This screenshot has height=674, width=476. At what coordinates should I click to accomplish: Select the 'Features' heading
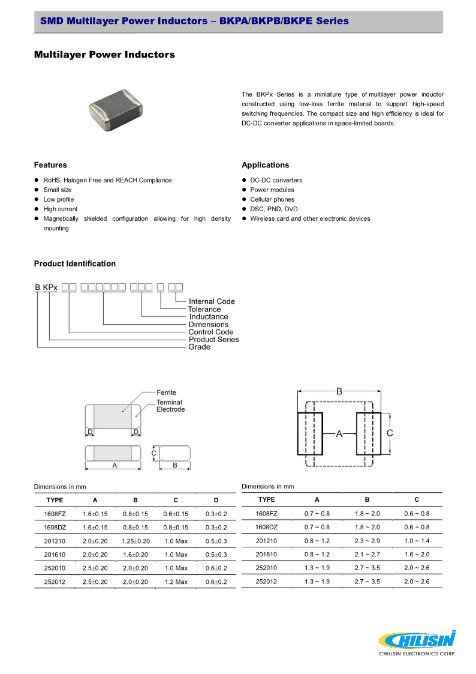[50, 165]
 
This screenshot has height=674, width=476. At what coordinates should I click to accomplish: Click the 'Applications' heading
[265, 165]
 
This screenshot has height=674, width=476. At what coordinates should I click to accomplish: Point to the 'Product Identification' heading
[74, 263]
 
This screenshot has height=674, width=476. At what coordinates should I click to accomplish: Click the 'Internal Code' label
[212, 301]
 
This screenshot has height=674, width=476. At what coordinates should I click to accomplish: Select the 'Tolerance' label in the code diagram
[204, 309]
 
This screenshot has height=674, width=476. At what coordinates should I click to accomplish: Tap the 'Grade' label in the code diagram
[199, 347]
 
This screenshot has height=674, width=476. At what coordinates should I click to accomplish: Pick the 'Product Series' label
[213, 339]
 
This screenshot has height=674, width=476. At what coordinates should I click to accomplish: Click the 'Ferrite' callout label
[166, 393]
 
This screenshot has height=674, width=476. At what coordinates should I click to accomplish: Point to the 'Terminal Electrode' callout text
[170, 406]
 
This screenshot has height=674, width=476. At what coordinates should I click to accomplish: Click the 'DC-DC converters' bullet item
[276, 180]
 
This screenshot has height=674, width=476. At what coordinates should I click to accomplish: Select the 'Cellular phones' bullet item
[272, 199]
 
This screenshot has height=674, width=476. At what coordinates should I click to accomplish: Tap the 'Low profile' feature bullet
[59, 199]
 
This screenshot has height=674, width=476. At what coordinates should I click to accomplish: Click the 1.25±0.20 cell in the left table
[135, 541]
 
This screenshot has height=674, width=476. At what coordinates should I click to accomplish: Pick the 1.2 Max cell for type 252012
[176, 582]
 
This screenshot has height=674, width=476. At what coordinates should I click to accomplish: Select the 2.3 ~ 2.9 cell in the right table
[367, 541]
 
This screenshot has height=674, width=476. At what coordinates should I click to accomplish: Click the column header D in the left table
[216, 500]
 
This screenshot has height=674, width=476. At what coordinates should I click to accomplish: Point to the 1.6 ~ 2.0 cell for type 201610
[417, 555]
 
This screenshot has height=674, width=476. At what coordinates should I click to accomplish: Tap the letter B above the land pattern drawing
[339, 391]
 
